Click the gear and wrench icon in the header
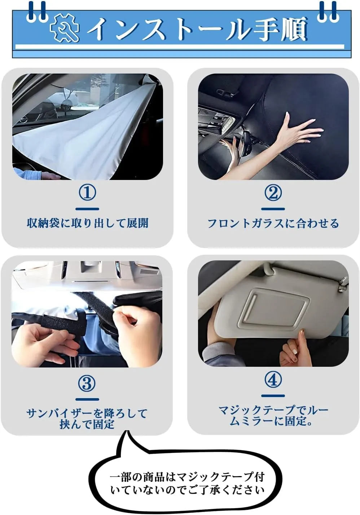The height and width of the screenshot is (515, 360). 65,27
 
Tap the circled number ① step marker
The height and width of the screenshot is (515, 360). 87,193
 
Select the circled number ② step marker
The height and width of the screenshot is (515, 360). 273,193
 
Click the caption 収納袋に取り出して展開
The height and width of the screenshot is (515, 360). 87,223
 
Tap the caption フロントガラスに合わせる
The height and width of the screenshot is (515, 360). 273,223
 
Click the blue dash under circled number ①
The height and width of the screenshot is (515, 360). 87,209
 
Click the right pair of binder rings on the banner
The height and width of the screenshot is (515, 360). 328,12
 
